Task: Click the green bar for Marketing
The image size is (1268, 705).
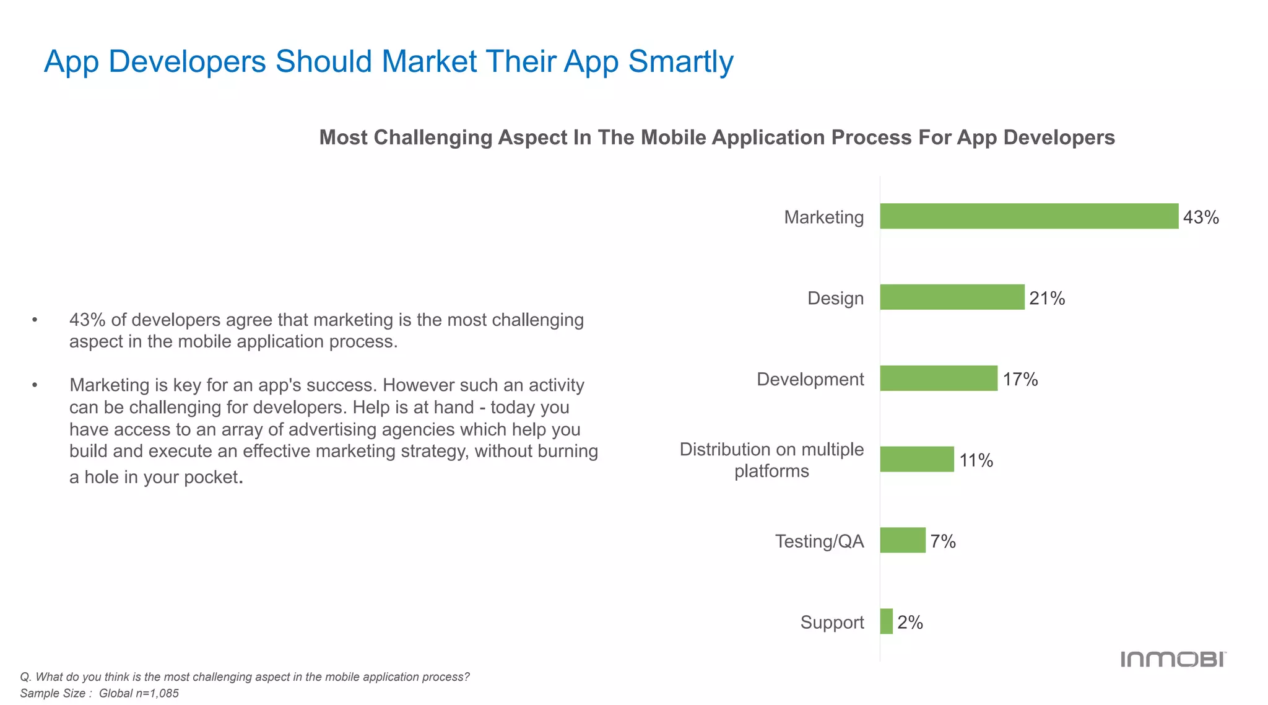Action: point(1029,216)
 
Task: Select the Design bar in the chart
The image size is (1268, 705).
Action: point(952,297)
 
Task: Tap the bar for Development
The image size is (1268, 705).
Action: point(939,379)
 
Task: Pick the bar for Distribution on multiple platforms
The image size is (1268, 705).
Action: point(917,460)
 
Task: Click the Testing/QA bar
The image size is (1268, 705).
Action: point(903,540)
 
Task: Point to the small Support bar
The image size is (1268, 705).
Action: point(887,621)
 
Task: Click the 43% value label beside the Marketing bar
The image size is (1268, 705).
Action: point(1201,217)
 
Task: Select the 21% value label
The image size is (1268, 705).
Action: point(1047,299)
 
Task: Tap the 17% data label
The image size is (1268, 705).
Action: point(1020,379)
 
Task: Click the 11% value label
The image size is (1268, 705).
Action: point(976,460)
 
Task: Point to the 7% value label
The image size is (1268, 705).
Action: point(943,541)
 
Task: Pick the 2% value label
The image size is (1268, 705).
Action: point(910,623)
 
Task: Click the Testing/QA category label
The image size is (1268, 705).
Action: point(819,541)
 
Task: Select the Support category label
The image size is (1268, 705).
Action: point(832,623)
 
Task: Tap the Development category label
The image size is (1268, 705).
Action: point(810,379)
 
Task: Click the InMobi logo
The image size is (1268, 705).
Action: point(1173,659)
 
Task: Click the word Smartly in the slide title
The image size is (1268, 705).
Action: point(680,62)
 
